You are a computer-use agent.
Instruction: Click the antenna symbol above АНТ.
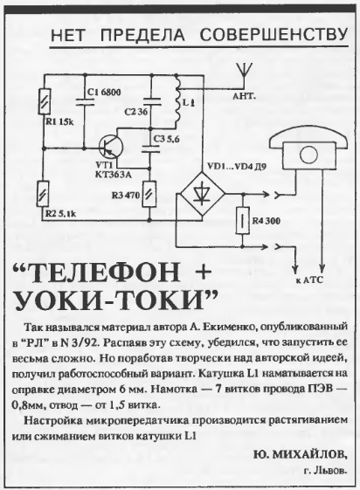point(245,75)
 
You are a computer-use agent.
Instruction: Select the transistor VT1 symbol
point(110,147)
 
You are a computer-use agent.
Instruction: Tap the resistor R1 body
point(44,102)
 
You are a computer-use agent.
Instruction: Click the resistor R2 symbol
point(43,194)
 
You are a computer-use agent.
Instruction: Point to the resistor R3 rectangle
point(149,194)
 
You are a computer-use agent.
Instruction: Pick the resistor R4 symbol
point(243,220)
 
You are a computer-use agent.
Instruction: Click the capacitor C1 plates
point(85,100)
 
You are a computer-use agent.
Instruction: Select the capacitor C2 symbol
point(151,101)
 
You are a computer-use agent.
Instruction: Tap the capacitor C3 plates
point(150,148)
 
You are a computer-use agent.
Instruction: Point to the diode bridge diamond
point(203,194)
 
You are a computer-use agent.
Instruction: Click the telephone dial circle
point(308,155)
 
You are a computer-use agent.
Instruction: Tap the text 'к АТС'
point(309,280)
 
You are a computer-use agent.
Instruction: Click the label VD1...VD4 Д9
point(236,167)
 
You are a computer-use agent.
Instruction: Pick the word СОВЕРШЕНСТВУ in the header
point(273,35)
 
